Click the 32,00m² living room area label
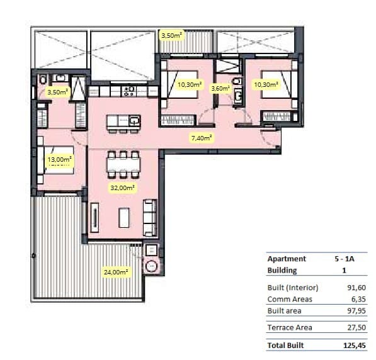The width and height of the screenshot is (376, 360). point(123,188)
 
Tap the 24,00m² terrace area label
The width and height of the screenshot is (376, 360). point(116,273)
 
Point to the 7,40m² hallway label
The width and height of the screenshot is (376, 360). point(202,137)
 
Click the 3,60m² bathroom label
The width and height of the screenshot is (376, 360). point(220,89)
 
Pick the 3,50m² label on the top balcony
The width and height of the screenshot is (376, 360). point(172,35)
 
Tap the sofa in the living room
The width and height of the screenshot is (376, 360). point(150,217)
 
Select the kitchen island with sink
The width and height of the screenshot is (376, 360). point(123,121)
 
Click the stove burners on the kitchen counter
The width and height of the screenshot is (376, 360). point(129,91)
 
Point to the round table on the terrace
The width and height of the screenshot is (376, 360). point(152,266)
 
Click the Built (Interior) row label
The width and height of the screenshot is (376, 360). point(293,288)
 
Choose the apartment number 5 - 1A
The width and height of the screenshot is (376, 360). point(345,259)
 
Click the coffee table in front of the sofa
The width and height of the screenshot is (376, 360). point(123,217)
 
